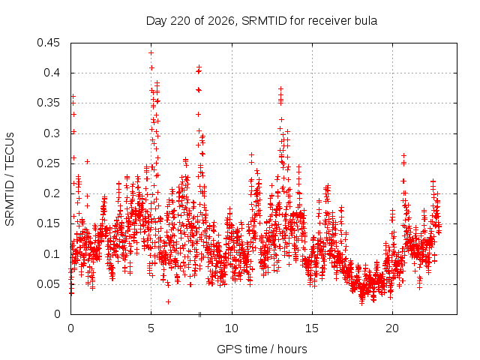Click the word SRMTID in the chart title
(264, 21)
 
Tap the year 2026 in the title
(220, 21)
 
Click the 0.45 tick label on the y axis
(48, 43)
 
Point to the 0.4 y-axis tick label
(52, 73)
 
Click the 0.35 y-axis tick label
(48, 103)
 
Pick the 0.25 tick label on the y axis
(48, 163)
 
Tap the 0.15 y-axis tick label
(48, 223)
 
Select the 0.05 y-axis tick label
(48, 284)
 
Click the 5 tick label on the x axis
(151, 328)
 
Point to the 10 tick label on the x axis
(232, 328)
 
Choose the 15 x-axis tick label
(312, 328)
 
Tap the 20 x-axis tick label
(392, 328)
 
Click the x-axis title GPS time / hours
(262, 349)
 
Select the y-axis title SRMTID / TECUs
(10, 179)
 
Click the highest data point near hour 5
(151, 53)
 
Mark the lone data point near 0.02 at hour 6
(168, 301)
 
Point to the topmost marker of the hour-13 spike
(280, 88)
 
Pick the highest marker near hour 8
(199, 67)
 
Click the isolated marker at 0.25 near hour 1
(88, 161)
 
